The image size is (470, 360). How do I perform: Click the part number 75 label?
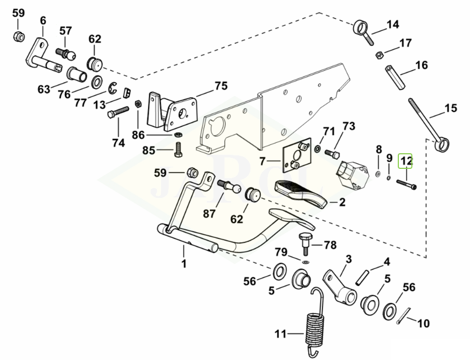point(221,86)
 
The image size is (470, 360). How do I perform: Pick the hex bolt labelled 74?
point(119,112)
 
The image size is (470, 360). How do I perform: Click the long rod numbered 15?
point(425,122)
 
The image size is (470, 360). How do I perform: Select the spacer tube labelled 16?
point(394,76)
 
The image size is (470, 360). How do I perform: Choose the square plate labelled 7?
point(296,155)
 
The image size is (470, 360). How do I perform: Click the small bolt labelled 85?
point(177,151)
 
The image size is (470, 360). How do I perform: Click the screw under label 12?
point(407,184)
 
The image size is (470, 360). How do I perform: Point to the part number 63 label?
point(44,89)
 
